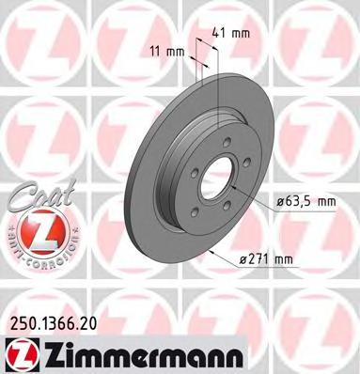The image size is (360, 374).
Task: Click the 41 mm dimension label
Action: [x=231, y=33]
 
